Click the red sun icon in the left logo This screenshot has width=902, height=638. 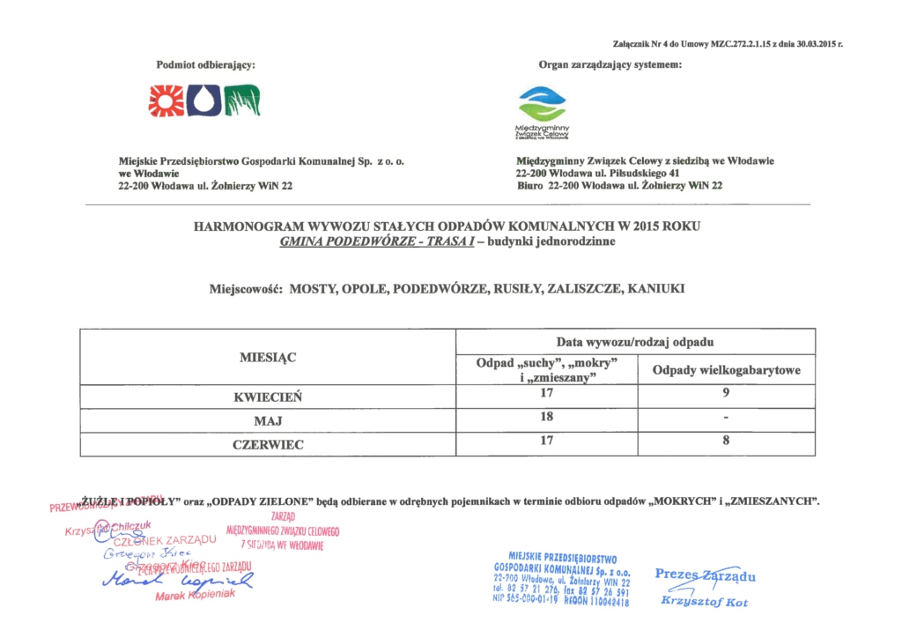(x=166, y=101)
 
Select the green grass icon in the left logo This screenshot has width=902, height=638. (x=241, y=101)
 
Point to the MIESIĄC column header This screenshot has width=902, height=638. (x=268, y=358)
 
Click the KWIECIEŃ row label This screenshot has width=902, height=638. (x=268, y=397)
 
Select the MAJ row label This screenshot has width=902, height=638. (x=268, y=421)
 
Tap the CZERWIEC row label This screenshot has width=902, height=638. (x=268, y=445)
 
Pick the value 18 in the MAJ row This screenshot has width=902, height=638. (x=546, y=416)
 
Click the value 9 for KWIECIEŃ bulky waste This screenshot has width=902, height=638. (x=726, y=393)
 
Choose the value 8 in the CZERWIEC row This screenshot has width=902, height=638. (x=726, y=441)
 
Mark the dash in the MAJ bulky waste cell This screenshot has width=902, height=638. (x=726, y=418)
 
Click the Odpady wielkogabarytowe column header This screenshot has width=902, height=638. (x=726, y=371)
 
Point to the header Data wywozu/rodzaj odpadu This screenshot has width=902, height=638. (x=640, y=341)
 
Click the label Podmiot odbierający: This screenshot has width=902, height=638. (x=206, y=64)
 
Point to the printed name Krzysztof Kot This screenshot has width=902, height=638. (x=704, y=602)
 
